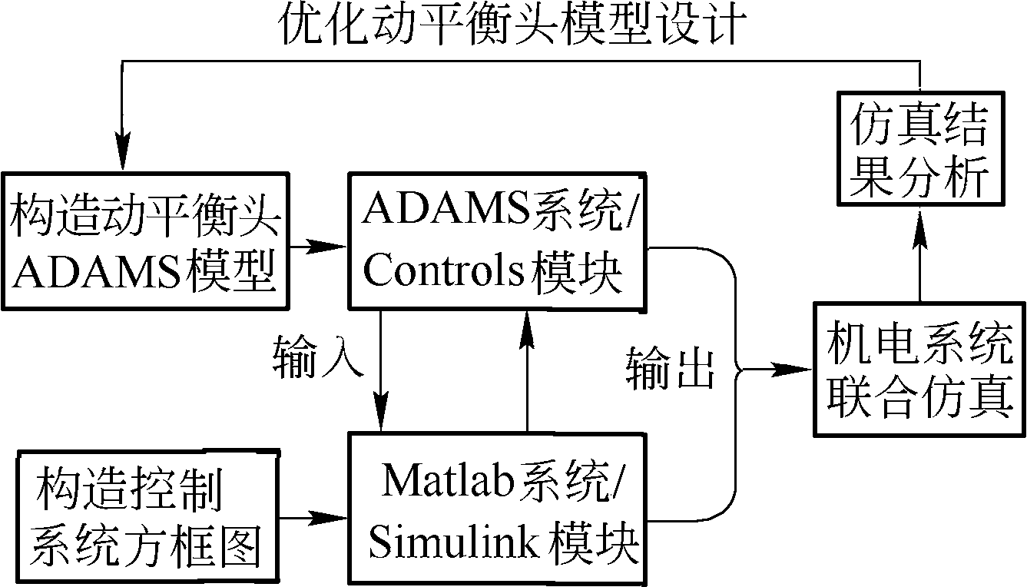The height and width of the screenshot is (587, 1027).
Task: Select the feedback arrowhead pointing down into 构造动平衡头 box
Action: (x=121, y=157)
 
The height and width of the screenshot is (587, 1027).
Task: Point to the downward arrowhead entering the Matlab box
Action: (x=381, y=419)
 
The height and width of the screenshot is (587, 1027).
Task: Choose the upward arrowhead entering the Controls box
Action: (x=526, y=327)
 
